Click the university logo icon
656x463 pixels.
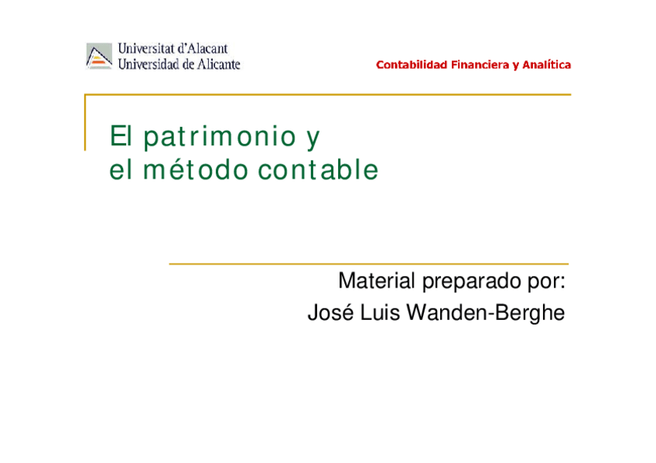(99, 56)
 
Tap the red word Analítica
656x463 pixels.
(546, 65)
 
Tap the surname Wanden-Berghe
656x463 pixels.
(487, 314)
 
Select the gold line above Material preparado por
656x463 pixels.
(368, 264)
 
